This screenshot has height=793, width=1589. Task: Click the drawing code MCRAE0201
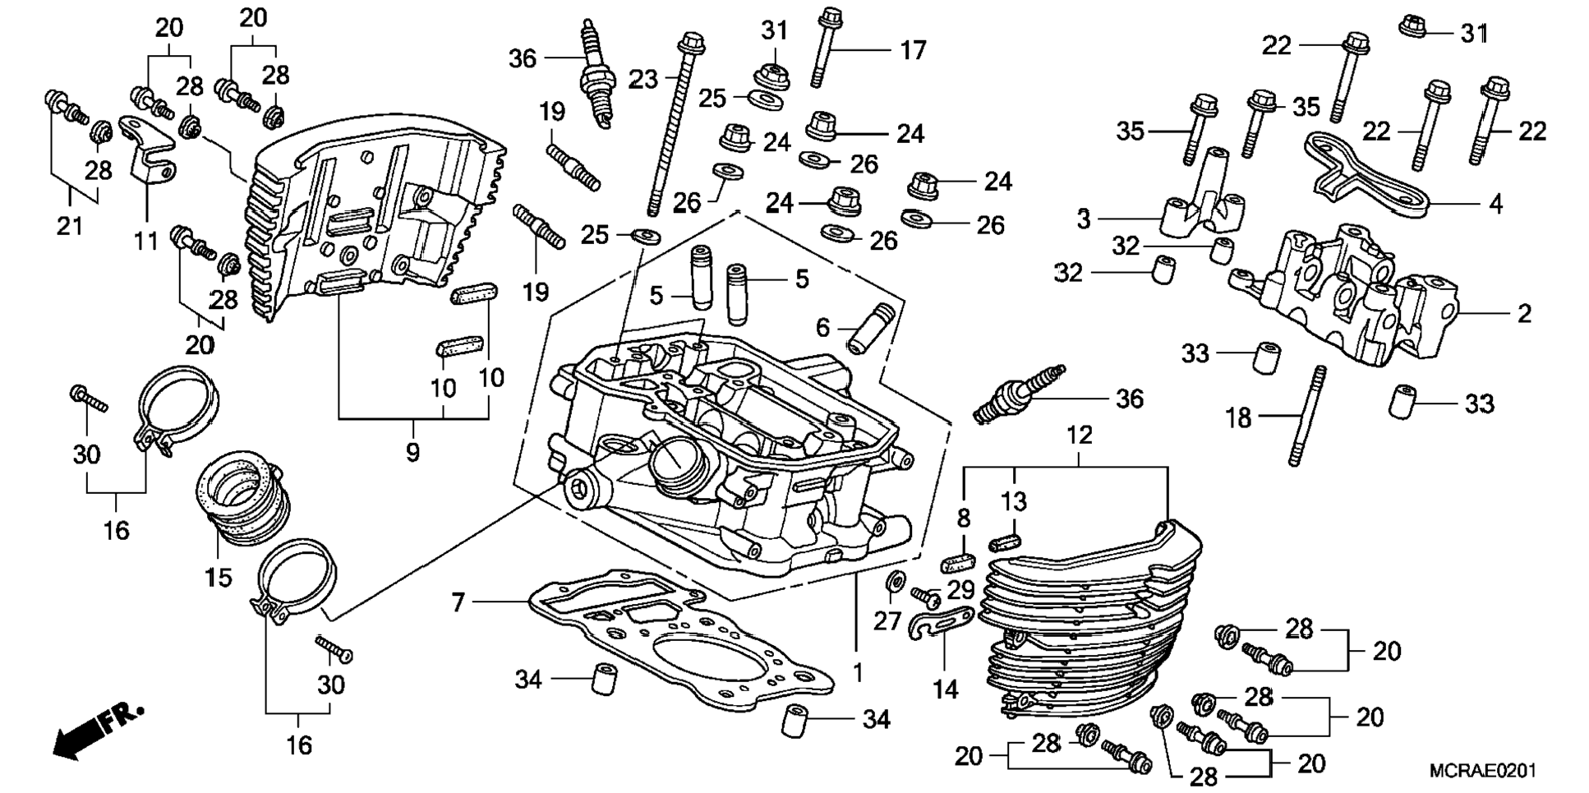(1483, 771)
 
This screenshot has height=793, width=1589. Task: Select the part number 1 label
(858, 673)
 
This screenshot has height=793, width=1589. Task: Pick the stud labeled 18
(1306, 416)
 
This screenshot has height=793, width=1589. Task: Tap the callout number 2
(1524, 313)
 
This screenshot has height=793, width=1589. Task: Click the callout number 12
(1080, 436)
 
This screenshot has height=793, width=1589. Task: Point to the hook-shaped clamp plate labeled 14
(942, 622)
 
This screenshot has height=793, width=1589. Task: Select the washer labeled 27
(893, 581)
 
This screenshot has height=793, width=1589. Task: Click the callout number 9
(412, 452)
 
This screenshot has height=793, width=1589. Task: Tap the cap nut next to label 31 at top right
(1412, 25)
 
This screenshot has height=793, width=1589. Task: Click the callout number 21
(70, 225)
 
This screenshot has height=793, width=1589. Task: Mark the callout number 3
(1084, 219)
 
